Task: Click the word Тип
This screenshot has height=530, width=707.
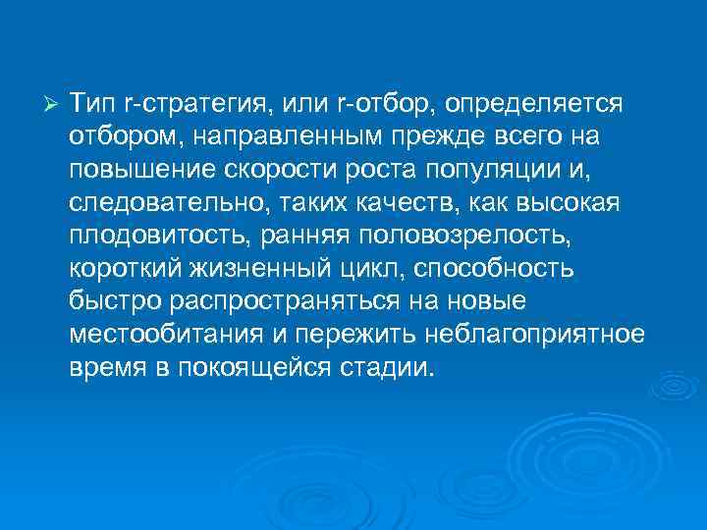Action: tap(91, 103)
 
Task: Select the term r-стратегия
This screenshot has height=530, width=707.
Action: tap(190, 103)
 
